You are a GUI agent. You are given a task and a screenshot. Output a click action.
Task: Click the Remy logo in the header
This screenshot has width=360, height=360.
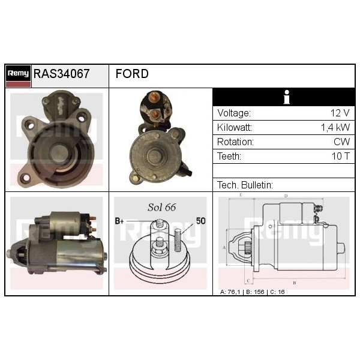point(18,76)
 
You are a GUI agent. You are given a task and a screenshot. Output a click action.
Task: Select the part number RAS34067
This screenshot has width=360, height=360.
point(61,74)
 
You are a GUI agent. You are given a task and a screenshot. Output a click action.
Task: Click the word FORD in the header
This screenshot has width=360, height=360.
point(132,74)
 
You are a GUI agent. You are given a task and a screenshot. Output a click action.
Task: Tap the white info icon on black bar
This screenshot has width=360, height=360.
point(286,97)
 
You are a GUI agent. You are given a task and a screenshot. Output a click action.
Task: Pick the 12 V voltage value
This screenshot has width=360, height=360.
point(340,113)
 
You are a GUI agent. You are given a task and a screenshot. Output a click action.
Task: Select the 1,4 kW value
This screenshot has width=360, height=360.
point(335,128)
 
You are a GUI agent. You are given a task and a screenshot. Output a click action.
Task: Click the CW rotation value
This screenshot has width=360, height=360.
point(341,142)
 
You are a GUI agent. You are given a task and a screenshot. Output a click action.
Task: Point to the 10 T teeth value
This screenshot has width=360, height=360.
point(340,157)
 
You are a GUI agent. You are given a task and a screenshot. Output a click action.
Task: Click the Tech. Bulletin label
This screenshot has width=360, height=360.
point(245,185)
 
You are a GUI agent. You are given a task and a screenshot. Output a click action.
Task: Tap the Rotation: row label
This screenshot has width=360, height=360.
point(235,142)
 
